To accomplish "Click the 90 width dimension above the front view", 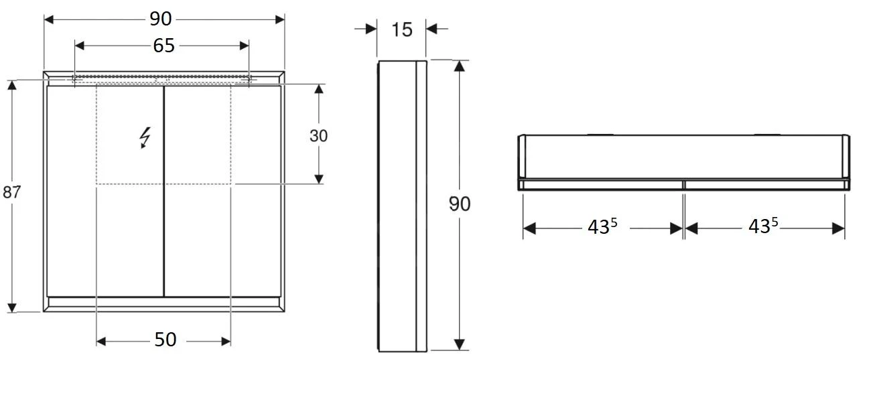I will pos(161,19).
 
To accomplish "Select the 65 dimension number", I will pos(163,46).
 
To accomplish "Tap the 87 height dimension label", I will pos(11,192).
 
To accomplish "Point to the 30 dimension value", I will pos(319,136).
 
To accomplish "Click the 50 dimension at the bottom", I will pos(165,340).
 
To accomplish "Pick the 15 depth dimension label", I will pos(401,29).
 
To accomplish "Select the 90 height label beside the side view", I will pos(460,204).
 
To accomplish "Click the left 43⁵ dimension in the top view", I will pos(602,227).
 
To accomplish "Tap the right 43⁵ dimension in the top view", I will pos(762,227).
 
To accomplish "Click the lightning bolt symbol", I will pos(144,137).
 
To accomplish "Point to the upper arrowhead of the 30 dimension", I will pos(319,90).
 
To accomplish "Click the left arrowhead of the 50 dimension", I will pos(102,342).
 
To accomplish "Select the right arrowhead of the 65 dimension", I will pos(244,46).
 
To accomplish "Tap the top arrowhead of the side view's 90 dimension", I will pos(459,66).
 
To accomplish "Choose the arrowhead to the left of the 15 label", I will pos(371,29).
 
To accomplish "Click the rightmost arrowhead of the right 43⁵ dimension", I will pos(838,228).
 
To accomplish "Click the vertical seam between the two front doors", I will pos(164,191).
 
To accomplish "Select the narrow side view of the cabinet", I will pos(402,206).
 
